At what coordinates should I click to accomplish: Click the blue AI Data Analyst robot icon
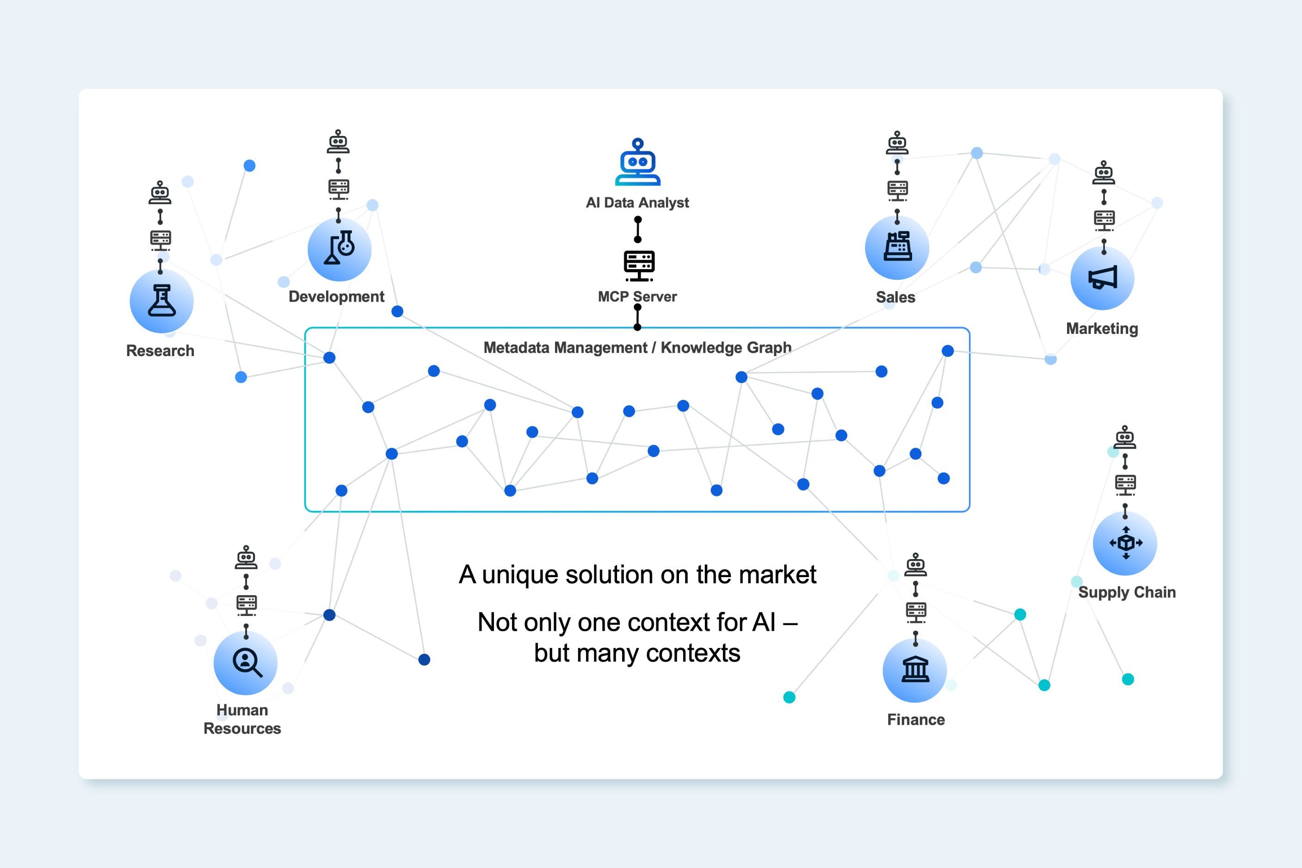point(638,162)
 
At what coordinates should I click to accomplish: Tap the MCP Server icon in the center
point(639,265)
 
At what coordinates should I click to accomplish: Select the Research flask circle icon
point(161,301)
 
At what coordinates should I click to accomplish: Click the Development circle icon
point(339,249)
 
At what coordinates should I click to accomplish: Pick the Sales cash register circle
point(897,247)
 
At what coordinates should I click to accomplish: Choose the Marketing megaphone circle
point(1102,278)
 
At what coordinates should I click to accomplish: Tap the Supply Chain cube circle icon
point(1125,543)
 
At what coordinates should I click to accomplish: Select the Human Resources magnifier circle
point(246,663)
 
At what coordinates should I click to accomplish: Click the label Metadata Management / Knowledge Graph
point(637,348)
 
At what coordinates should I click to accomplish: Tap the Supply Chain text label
point(1127,592)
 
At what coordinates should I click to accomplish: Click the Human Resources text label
point(242,719)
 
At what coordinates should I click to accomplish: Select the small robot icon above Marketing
point(1103,172)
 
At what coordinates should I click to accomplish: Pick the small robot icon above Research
point(160,193)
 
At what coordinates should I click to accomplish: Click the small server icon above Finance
point(916,611)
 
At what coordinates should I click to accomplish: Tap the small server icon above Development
point(338,189)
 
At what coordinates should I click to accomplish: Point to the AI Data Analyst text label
point(637,203)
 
